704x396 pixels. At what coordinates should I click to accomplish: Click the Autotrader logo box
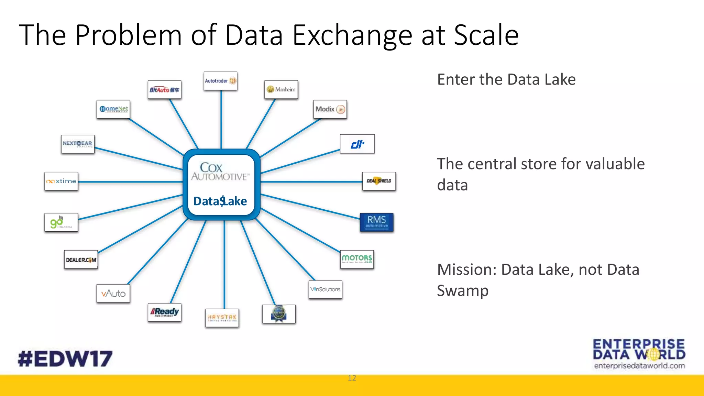[220, 81]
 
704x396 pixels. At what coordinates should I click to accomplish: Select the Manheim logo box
[281, 89]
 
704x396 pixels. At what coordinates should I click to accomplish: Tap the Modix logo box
[330, 109]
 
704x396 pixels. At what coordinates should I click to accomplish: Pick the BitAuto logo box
[164, 90]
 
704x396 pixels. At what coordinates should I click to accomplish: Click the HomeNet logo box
[113, 109]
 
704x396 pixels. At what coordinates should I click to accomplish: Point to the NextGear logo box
[78, 144]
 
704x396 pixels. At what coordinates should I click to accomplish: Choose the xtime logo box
[61, 181]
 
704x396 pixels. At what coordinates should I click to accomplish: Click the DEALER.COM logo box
[81, 260]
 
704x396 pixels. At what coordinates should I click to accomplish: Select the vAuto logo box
[113, 294]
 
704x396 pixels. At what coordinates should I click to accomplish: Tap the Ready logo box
[164, 312]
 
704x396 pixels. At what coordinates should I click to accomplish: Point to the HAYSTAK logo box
[222, 318]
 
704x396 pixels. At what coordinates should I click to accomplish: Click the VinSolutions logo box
[325, 289]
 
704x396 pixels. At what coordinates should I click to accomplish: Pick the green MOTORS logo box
[357, 259]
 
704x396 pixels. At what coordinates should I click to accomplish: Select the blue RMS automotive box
[377, 222]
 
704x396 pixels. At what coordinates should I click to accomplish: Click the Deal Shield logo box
[379, 181]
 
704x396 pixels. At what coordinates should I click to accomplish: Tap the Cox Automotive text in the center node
[220, 172]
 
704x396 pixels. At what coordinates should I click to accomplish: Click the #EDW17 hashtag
[65, 359]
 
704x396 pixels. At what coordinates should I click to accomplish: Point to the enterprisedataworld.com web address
[639, 366]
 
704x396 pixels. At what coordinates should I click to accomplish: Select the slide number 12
[352, 378]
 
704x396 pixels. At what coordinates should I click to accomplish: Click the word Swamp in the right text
[462, 291]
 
